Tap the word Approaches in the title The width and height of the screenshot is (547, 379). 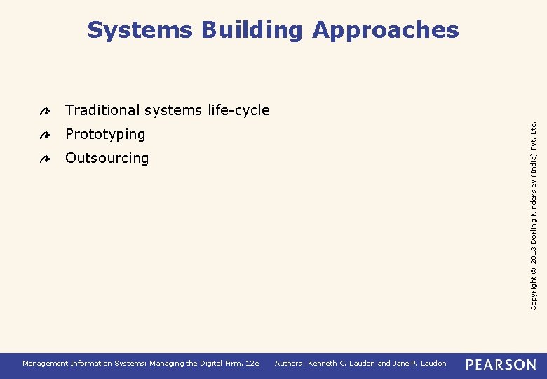pyautogui.click(x=386, y=30)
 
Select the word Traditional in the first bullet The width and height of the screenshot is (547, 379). pyautogui.click(x=102, y=110)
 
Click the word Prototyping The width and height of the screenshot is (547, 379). pyautogui.click(x=105, y=134)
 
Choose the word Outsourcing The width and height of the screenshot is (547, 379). pyautogui.click(x=107, y=158)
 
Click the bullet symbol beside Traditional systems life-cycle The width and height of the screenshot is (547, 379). pyautogui.click(x=43, y=111)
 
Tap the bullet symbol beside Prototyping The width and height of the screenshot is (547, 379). pyautogui.click(x=43, y=135)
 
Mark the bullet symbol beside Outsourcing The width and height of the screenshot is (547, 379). pyautogui.click(x=43, y=159)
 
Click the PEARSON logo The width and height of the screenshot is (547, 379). pyautogui.click(x=501, y=364)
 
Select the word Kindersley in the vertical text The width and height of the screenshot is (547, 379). pyautogui.click(x=534, y=192)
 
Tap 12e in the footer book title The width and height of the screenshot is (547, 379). pyautogui.click(x=252, y=363)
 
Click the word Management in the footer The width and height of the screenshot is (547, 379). pyautogui.click(x=45, y=363)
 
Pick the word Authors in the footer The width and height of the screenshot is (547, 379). pyautogui.click(x=289, y=363)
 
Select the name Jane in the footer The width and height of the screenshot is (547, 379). pyautogui.click(x=401, y=363)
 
